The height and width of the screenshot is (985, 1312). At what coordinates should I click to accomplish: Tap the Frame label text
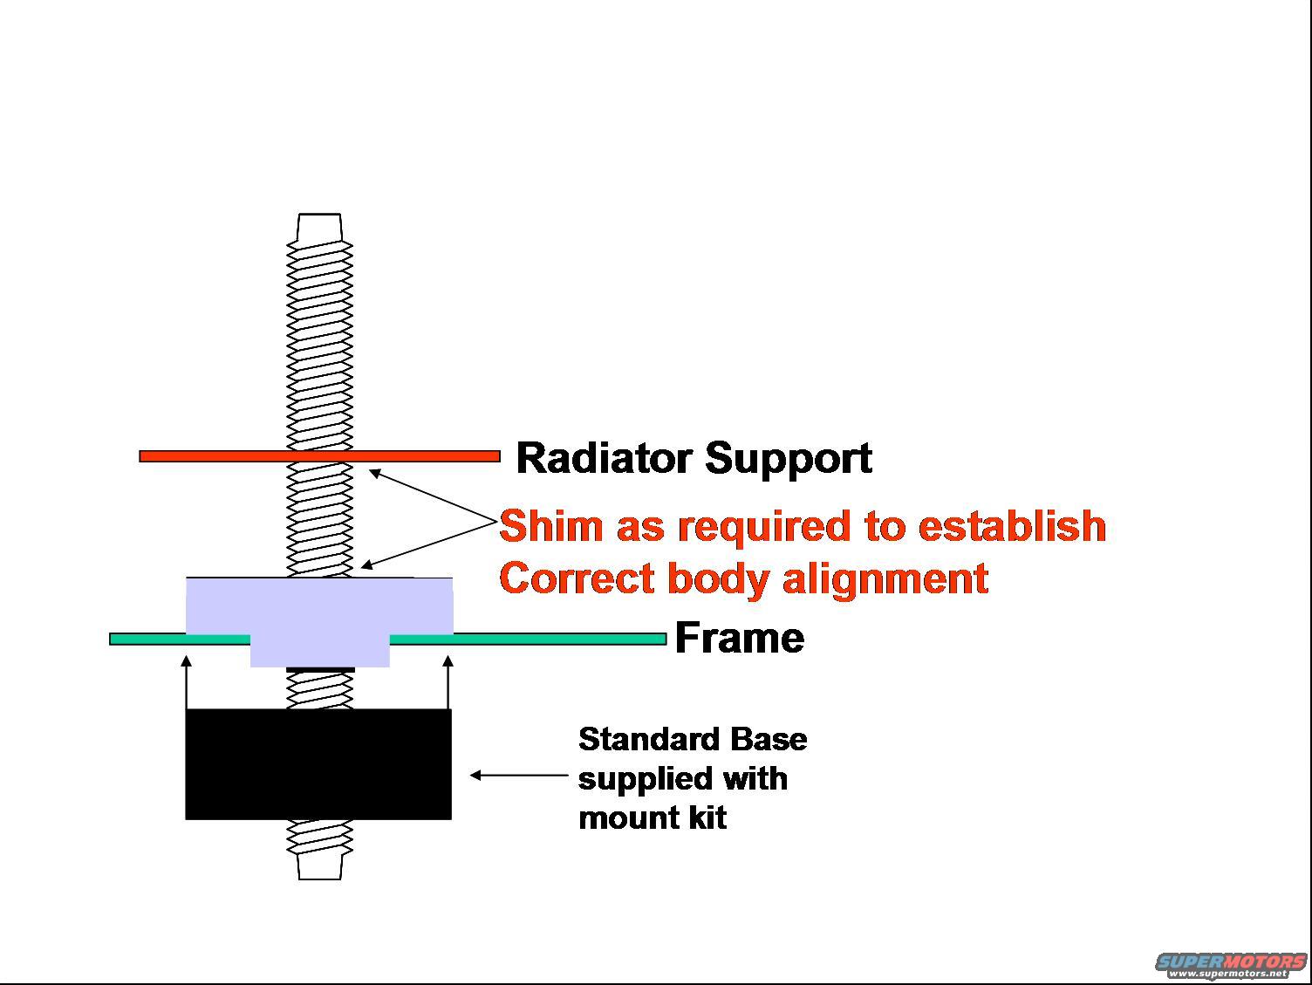(x=739, y=638)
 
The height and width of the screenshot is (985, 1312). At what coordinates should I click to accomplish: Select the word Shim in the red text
(x=551, y=526)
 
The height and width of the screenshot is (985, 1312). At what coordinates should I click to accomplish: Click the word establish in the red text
(x=1012, y=526)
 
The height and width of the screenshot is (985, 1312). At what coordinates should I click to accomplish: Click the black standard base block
(x=318, y=763)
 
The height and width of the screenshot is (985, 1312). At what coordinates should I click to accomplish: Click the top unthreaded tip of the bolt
(x=319, y=227)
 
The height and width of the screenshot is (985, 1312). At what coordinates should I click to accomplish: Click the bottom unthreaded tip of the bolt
(x=319, y=866)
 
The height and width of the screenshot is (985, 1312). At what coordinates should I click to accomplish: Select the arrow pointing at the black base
(x=518, y=774)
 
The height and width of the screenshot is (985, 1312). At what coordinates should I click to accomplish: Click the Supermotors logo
(x=1231, y=964)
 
